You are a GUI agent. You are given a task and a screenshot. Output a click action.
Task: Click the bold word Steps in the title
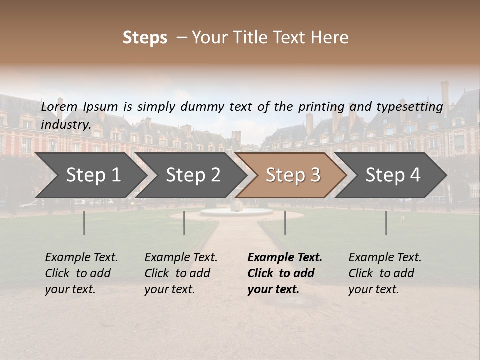pos(145,38)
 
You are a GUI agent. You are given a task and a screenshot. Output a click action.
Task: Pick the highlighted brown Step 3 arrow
pos(293,175)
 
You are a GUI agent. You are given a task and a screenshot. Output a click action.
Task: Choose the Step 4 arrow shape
pos(393,175)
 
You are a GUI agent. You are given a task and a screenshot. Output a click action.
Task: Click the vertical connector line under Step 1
pos(84,223)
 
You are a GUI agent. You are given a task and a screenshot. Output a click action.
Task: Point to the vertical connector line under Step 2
pos(184,223)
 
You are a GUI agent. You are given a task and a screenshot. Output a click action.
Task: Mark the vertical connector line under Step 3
pos(285,223)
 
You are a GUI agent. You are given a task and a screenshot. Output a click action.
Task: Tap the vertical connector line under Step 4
pos(386,223)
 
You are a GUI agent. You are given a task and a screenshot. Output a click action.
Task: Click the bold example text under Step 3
pos(284,273)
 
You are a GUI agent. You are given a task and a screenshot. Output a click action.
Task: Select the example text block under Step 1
pos(81,273)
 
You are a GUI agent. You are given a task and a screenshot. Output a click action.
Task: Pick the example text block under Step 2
pos(181,273)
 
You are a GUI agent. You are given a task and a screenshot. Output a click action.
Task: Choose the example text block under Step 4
pos(385,273)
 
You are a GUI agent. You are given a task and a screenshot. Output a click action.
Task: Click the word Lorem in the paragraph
pos(59,106)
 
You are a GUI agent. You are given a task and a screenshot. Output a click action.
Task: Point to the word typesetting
pos(409,107)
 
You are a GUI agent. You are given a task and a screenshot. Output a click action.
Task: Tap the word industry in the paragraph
pos(65,125)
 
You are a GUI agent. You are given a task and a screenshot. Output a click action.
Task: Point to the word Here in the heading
pos(332,38)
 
